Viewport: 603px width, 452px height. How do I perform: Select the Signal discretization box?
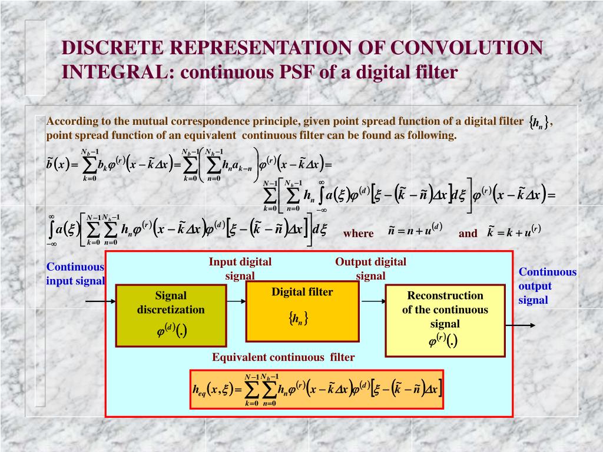click(x=171, y=315)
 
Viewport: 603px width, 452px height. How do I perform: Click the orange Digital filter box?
click(x=302, y=311)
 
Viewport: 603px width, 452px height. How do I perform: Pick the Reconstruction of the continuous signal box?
click(x=445, y=320)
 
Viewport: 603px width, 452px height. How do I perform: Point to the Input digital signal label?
click(x=240, y=268)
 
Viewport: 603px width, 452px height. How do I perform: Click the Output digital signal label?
click(x=370, y=268)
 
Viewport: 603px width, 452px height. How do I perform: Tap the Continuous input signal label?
click(x=75, y=274)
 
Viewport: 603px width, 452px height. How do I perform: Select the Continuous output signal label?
click(x=547, y=286)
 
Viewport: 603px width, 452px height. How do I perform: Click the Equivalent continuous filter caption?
click(x=283, y=357)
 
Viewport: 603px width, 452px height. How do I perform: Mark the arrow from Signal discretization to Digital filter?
click(x=236, y=301)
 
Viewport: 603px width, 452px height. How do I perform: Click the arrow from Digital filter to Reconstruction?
click(x=372, y=301)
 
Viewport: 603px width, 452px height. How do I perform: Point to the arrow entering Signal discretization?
click(x=100, y=301)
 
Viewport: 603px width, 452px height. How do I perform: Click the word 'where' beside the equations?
click(x=359, y=233)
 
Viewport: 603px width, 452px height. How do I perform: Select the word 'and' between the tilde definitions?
click(x=468, y=233)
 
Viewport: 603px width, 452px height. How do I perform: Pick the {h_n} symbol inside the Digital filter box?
click(x=299, y=319)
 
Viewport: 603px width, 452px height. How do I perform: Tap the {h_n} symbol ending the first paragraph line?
click(x=539, y=122)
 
